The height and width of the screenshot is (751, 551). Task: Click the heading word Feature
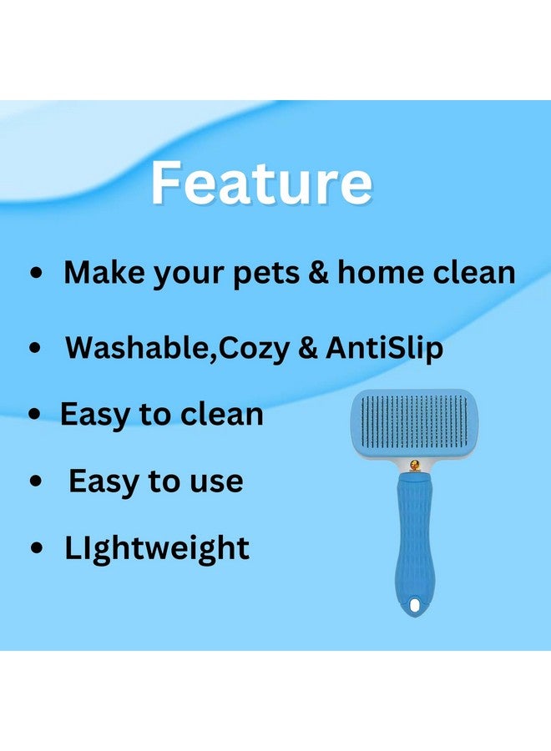(261, 183)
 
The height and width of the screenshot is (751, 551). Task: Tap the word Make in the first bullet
(104, 272)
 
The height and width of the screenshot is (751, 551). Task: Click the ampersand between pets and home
(319, 272)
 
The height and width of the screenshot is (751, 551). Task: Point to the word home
(381, 272)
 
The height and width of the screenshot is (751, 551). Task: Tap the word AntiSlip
(384, 348)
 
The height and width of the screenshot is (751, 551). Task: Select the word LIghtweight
(157, 548)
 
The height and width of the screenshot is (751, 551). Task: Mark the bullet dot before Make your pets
(37, 274)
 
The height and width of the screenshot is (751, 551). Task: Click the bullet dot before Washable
(35, 348)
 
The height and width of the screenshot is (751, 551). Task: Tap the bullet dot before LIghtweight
(37, 548)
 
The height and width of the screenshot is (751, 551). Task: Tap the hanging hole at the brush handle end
(414, 606)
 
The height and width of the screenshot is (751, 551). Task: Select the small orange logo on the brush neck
(414, 465)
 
